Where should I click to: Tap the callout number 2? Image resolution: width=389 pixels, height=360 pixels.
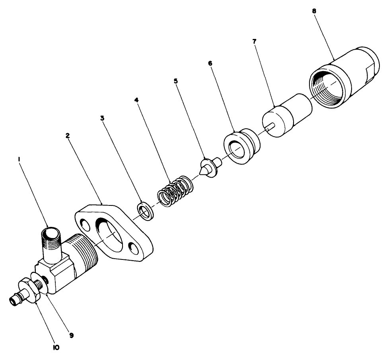(x=68, y=135)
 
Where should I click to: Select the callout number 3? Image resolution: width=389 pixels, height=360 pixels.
(x=102, y=118)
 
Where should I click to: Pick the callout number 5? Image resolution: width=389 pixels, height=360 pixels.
(x=175, y=80)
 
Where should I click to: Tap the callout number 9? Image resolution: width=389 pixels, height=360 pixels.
(x=71, y=335)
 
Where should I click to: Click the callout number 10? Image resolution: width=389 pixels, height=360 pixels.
(x=56, y=347)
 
